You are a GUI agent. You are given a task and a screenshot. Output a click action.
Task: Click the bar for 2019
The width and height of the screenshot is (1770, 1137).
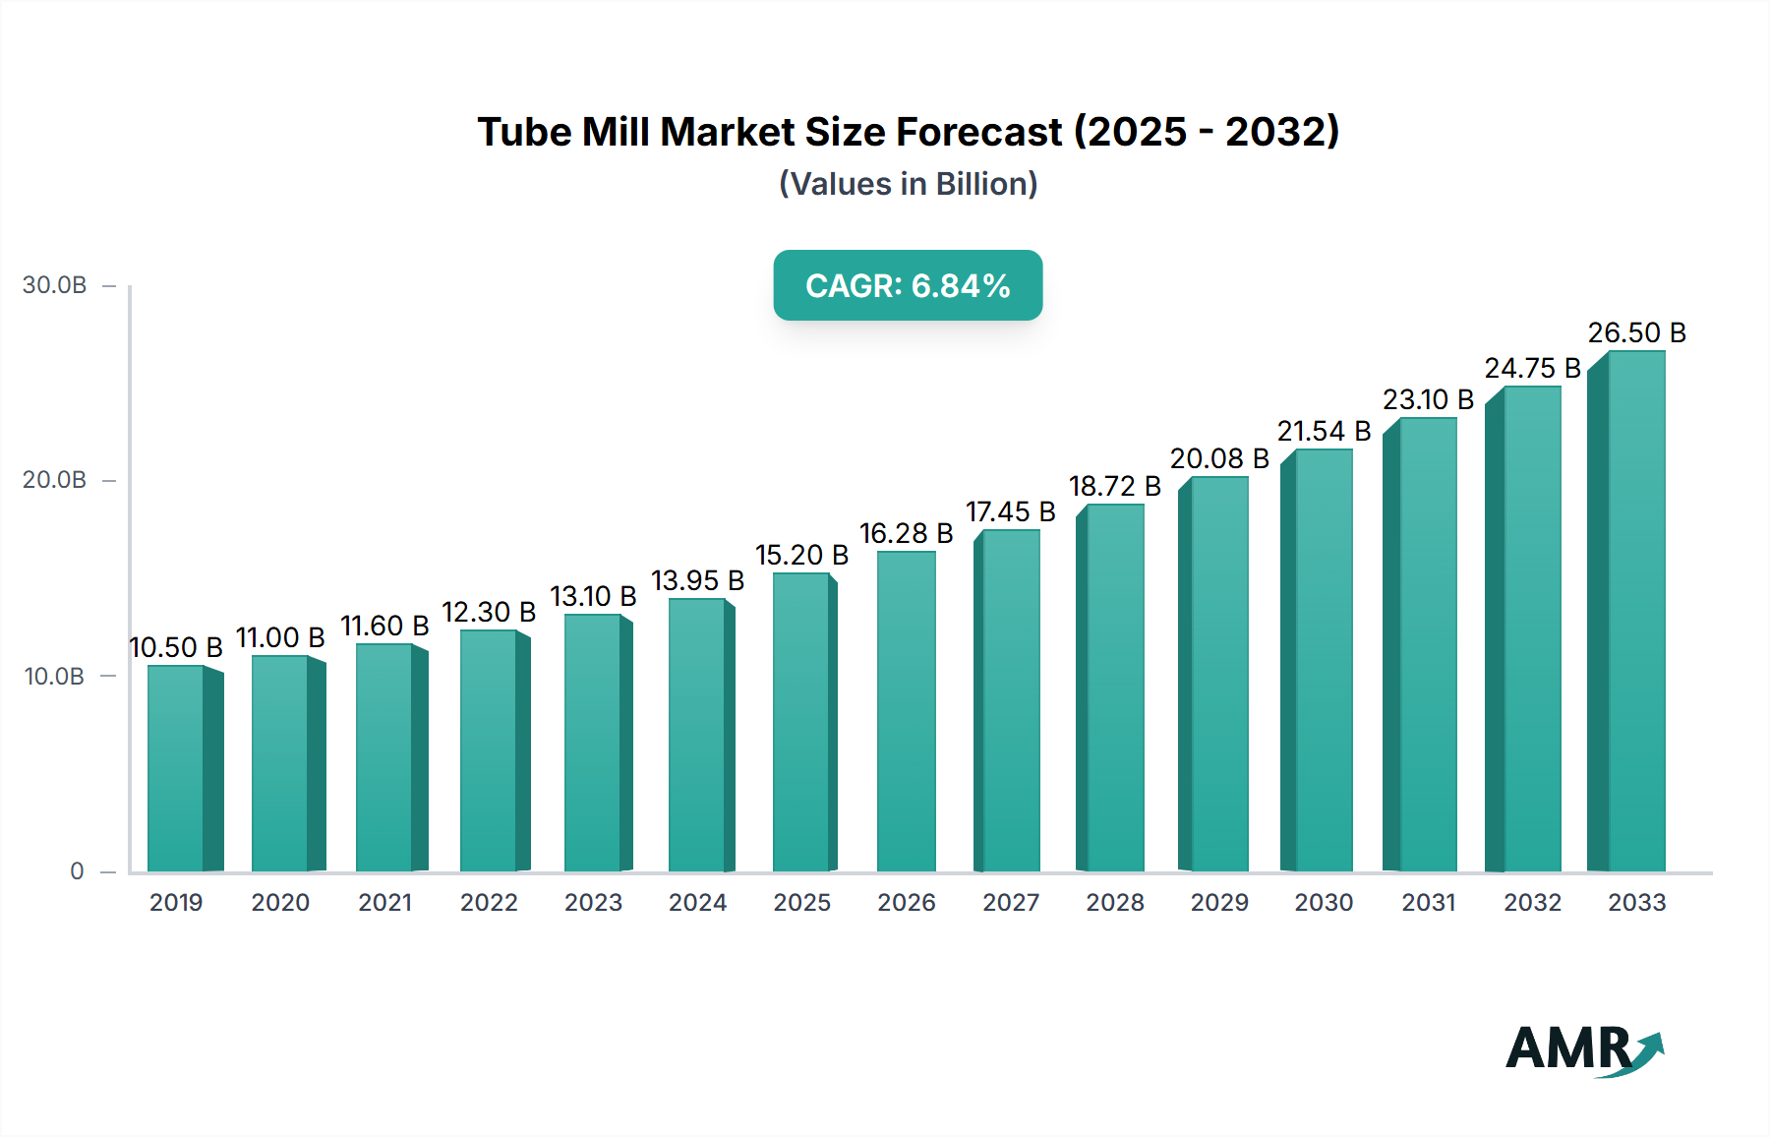point(177,769)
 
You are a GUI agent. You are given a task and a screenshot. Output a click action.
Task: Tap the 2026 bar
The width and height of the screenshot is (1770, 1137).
point(906,712)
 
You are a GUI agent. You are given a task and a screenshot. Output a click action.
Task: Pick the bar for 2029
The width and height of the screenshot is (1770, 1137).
point(1218,675)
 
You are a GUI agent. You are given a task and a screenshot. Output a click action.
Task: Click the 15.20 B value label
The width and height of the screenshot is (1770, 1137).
point(801,556)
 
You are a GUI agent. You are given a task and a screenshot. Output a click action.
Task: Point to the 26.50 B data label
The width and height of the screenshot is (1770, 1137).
point(1636,333)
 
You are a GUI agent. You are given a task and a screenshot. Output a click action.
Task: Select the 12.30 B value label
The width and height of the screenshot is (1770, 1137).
point(489,613)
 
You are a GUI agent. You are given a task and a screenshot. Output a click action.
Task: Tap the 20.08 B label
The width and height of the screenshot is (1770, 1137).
point(1219,459)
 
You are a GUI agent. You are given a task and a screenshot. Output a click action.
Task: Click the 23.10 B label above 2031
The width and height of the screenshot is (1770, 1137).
point(1428,400)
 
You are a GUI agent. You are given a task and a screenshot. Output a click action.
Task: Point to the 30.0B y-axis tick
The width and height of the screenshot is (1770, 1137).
point(55,285)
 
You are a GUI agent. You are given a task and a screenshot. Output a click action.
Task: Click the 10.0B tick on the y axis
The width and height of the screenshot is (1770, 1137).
point(55,677)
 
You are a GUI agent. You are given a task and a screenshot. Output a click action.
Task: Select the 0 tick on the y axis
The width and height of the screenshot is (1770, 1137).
point(77,871)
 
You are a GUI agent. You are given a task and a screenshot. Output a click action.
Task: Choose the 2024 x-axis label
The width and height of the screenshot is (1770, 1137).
point(697,903)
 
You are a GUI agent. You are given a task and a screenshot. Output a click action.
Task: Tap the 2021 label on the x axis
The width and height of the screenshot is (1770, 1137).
point(384,903)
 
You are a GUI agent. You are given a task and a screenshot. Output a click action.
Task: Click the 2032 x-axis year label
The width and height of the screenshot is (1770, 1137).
point(1532,903)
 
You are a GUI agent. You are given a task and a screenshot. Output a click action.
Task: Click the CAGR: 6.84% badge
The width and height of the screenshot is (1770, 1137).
point(908,285)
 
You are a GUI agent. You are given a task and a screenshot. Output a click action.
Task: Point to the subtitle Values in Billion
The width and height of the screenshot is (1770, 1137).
point(908,184)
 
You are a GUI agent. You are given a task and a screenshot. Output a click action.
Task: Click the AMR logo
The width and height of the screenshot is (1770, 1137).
point(1583,1048)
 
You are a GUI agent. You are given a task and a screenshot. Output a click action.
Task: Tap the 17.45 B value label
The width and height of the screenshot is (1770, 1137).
point(1010,512)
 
